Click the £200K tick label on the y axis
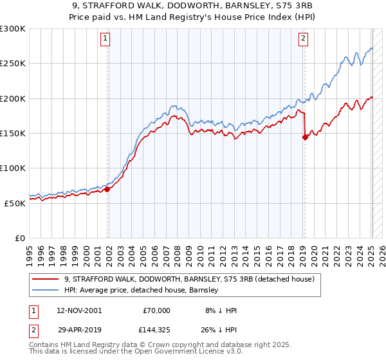pos(12,98)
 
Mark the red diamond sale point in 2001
pos(107,189)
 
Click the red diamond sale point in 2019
pos(305,137)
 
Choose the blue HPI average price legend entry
pos(142,290)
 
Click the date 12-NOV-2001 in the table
pos(79,310)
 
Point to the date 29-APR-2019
pos(79,328)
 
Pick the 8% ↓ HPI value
pos(219,310)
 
